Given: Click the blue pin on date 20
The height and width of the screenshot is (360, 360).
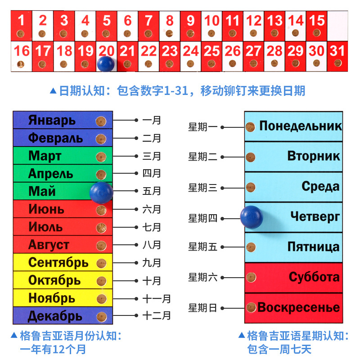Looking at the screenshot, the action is [x=106, y=63].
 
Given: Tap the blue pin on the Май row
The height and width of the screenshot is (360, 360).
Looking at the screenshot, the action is [x=101, y=192].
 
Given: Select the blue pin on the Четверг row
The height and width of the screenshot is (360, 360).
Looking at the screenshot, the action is [x=251, y=217].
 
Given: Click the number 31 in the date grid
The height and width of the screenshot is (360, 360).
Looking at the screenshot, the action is [x=337, y=51].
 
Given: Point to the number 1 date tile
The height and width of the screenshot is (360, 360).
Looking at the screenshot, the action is [x=21, y=21].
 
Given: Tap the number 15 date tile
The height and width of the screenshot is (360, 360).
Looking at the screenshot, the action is [x=317, y=21].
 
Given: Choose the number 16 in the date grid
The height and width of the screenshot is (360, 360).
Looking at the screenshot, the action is [x=21, y=51].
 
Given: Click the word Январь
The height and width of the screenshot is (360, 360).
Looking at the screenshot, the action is [x=52, y=121].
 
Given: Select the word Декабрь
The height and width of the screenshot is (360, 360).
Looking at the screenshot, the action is [x=55, y=316].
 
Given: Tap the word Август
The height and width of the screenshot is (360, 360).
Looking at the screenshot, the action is [x=49, y=245].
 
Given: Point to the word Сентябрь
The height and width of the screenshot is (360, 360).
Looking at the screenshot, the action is [x=58, y=262].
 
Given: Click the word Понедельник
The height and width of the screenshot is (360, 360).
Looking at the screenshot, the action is [x=300, y=126].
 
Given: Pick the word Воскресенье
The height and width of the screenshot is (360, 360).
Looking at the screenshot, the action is [x=298, y=308].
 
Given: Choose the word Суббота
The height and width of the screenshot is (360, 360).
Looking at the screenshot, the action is [x=314, y=277].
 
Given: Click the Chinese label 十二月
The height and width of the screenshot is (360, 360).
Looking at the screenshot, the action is [x=157, y=316].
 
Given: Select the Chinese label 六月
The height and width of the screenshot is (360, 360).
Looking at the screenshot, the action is [x=152, y=209].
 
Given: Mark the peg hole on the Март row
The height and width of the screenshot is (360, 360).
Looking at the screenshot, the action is [x=101, y=157].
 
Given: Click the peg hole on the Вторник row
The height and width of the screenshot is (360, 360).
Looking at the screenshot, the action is [x=251, y=157].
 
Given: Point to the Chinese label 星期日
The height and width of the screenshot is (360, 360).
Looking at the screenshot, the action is [x=202, y=308].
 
